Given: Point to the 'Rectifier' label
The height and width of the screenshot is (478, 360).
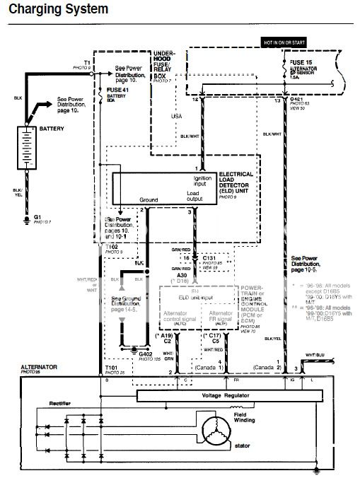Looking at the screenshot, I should coord(40,404).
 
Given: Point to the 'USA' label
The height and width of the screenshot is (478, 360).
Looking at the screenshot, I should coord(177,115).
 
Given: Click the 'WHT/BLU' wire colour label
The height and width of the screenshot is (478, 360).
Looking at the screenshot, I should coord(315,354).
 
